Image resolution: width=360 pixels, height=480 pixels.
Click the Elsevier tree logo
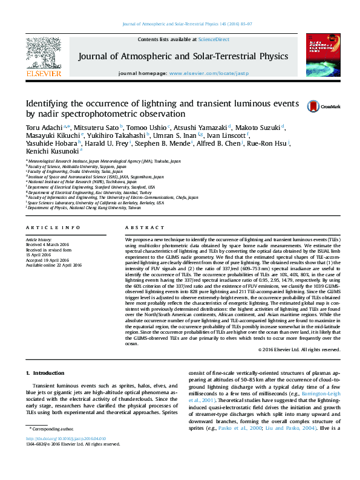(x=43, y=55)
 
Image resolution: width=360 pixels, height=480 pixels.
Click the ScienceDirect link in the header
(x=214, y=39)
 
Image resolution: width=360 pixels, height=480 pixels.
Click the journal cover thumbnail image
(x=319, y=56)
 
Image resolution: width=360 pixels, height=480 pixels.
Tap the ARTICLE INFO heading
(x=53, y=227)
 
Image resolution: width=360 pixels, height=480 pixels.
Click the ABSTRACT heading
(x=143, y=227)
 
